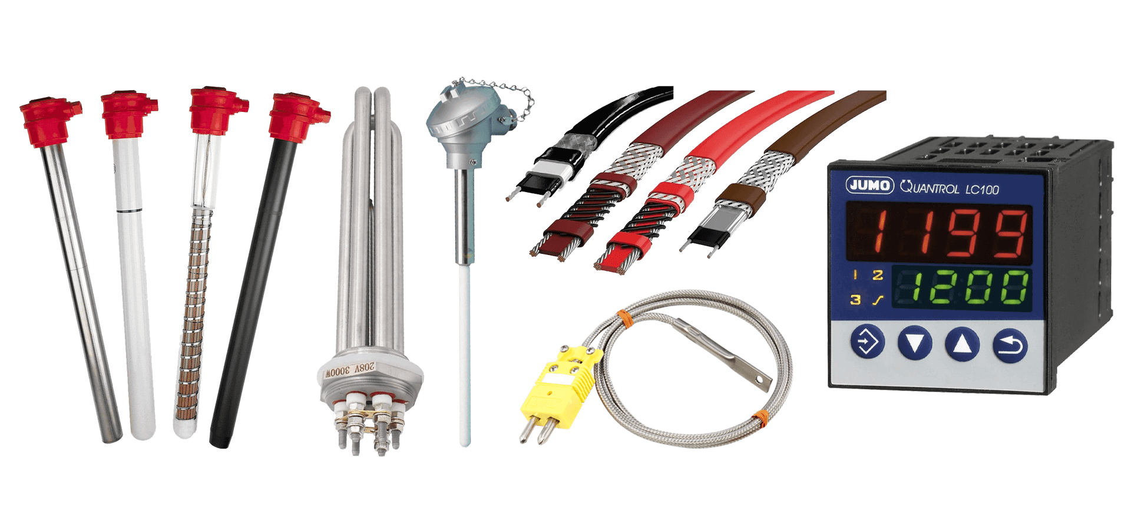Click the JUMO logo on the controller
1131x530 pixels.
point(869,185)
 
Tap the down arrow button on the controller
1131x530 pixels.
point(915,343)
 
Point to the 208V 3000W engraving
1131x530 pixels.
point(350,370)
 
